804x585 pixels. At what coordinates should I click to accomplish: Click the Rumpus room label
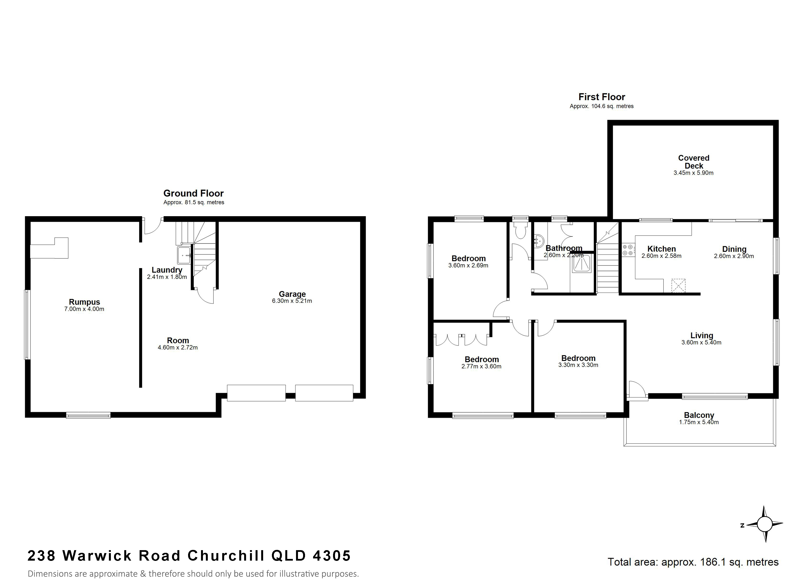pos(84,302)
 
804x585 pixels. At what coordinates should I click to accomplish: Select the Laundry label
pos(167,270)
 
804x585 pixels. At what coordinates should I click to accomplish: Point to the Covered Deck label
pos(694,162)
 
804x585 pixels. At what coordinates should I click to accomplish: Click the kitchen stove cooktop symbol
pos(628,250)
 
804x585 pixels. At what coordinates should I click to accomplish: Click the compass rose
pos(765,524)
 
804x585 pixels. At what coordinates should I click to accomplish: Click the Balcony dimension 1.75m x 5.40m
pos(699,422)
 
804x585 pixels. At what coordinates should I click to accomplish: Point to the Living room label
pos(701,335)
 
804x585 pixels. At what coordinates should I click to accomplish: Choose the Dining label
pos(734,249)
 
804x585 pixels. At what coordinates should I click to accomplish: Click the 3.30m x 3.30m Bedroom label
pos(578,358)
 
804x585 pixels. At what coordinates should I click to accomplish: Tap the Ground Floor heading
pos(193,193)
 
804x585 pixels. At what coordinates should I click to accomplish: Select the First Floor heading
pos(602,97)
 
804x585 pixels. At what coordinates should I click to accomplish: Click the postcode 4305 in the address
pos(332,556)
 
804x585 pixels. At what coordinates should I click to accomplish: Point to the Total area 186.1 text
pos(693,562)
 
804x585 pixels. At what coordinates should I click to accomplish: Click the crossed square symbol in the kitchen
pos(678,286)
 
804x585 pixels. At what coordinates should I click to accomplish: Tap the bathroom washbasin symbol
pos(539,241)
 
